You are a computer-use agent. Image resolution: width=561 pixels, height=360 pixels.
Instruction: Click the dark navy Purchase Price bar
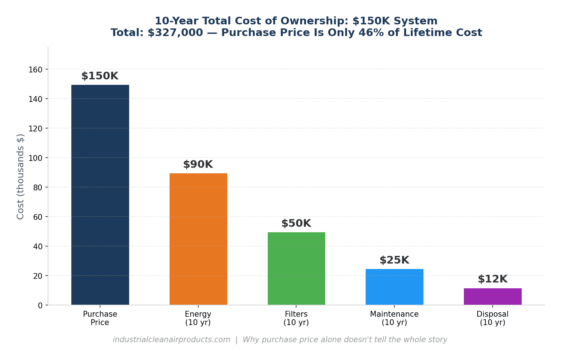[x=100, y=195]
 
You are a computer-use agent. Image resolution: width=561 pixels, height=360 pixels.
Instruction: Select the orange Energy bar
[x=198, y=239]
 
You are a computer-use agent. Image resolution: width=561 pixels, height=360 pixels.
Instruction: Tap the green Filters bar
[x=296, y=268]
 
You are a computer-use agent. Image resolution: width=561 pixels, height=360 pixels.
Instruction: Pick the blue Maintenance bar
[x=394, y=287]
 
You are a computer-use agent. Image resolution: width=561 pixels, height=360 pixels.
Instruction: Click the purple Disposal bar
[x=493, y=296]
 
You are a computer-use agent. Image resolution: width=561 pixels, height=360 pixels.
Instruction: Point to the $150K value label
[x=100, y=76]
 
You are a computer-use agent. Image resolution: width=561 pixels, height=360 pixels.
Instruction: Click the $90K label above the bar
[x=198, y=165]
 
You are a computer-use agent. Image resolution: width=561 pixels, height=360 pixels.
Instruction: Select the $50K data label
[x=296, y=223]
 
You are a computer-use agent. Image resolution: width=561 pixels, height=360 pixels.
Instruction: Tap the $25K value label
[x=394, y=260]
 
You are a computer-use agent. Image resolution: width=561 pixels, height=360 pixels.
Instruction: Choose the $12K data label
[x=493, y=279]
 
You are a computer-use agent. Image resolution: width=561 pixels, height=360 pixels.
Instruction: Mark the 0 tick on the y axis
[x=40, y=305]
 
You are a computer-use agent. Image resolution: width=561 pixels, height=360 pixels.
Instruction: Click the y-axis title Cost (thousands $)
[x=20, y=177]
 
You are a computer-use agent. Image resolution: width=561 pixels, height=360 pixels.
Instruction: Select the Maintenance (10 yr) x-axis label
[x=394, y=318]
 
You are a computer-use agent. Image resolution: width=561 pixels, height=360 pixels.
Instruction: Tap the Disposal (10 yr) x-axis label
[x=493, y=318]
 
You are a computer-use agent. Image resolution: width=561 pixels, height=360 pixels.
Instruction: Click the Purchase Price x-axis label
[x=100, y=318]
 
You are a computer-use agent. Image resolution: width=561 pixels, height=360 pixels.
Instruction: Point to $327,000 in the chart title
[x=175, y=33]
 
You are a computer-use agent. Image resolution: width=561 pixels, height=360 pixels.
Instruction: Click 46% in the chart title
[x=368, y=33]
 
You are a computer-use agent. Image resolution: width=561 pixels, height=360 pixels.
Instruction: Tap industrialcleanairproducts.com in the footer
[x=171, y=340]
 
